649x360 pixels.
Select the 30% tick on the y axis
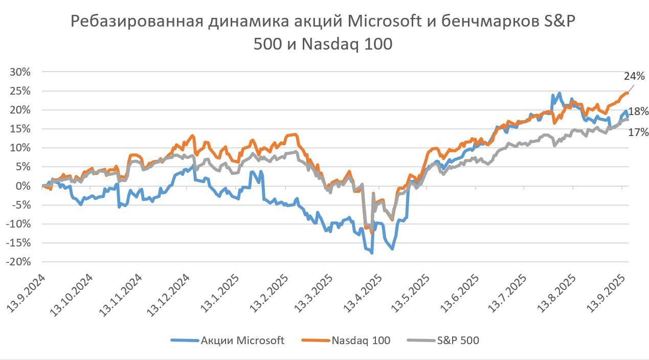pyautogui.click(x=20, y=72)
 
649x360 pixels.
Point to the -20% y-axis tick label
pyautogui.click(x=18, y=262)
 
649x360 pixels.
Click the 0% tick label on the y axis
pyautogui.click(x=24, y=186)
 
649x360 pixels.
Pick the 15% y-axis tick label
pyautogui.click(x=20, y=129)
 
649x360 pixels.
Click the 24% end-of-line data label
pyautogui.click(x=634, y=76)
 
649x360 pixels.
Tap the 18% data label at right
pyautogui.click(x=638, y=111)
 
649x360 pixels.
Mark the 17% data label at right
pyautogui.click(x=638, y=132)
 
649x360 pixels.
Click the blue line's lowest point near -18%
pyautogui.click(x=372, y=253)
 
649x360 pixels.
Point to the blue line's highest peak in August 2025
pyautogui.click(x=560, y=93)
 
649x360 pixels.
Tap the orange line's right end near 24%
pyautogui.click(x=628, y=93)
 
